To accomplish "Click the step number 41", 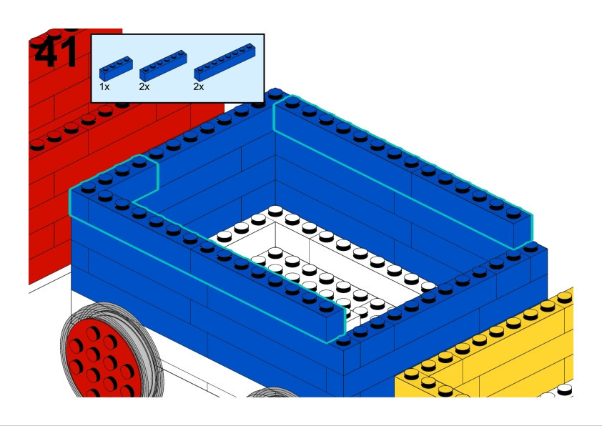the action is click(56, 53).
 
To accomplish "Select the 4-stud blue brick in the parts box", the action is click(116, 68).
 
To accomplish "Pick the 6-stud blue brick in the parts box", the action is click(163, 65).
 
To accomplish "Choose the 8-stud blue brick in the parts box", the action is click(224, 61).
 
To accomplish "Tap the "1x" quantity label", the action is click(104, 86).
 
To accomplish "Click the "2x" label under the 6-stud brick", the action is click(144, 86).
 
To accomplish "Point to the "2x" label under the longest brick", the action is click(199, 86).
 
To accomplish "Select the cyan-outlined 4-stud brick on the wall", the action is click(114, 181).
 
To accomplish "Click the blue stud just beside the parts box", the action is click(275, 94).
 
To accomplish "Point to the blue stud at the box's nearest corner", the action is click(343, 340).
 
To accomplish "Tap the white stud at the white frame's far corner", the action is click(275, 211).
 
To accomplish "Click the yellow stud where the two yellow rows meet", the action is click(428, 382).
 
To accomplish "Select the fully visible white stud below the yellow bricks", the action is click(564, 390).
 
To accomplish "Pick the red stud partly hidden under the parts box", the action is click(122, 104).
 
